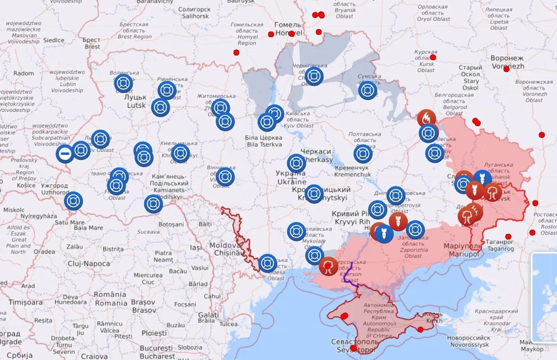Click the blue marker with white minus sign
[65, 153]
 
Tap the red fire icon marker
[427, 118]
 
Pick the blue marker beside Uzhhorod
[73, 201]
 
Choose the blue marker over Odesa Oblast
[267, 263]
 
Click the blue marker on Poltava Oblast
[363, 153]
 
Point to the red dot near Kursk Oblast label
[433, 57]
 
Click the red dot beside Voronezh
[506, 69]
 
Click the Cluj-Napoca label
[89, 264]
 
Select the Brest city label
[92, 43]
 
